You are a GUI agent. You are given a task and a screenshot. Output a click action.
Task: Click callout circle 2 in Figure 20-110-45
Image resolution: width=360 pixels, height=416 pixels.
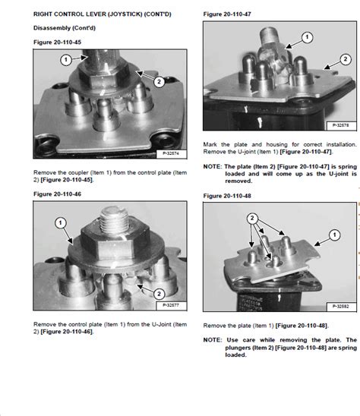158,80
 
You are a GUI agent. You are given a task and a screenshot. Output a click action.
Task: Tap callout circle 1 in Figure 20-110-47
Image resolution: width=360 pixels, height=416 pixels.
307,36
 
